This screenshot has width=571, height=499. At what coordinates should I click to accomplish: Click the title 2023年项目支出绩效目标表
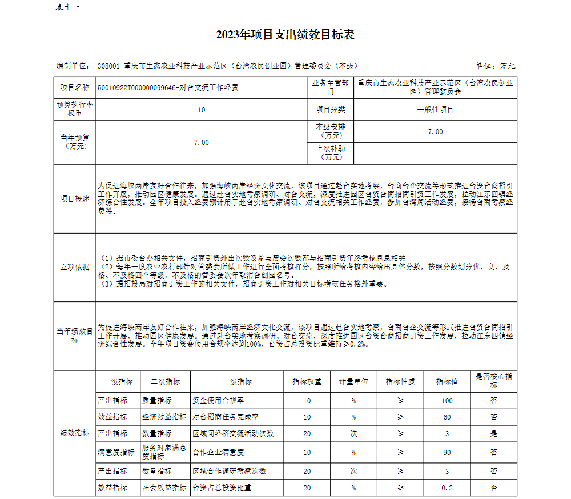click(285, 35)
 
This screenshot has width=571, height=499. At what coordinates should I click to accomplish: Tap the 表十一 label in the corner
click(68, 7)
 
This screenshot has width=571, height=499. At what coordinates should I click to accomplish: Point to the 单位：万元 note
click(495, 66)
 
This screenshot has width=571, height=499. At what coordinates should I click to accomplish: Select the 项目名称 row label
click(75, 87)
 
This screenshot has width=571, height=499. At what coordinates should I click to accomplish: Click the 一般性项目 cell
click(435, 110)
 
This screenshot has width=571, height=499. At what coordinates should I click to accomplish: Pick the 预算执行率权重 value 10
click(201, 110)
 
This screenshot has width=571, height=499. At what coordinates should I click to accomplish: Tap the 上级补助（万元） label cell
click(331, 152)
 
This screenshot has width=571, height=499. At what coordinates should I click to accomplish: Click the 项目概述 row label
click(75, 199)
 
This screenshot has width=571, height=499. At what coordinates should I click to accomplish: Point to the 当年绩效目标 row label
click(75, 336)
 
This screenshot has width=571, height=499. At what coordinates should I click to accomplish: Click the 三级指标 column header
click(237, 381)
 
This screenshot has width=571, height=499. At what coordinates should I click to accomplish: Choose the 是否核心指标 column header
click(493, 381)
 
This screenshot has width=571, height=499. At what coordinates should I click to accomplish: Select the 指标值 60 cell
click(447, 417)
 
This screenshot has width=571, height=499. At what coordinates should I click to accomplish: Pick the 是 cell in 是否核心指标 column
click(493, 434)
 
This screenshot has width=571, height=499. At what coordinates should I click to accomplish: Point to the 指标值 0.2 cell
click(447, 488)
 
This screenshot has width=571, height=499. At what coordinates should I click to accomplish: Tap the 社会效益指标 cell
click(164, 488)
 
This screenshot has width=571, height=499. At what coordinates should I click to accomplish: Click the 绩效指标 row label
click(75, 433)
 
